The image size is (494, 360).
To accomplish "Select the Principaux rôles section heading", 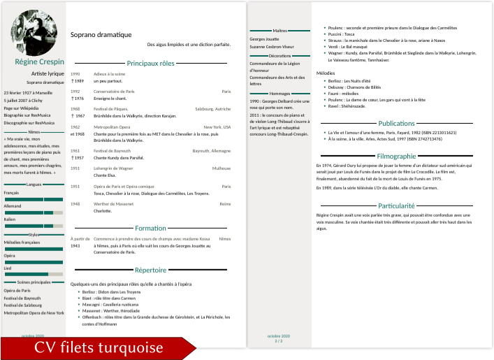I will tap(150, 63).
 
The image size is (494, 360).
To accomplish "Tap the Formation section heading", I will tap(150, 228).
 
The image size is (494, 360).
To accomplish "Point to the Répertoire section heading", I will tap(150, 269).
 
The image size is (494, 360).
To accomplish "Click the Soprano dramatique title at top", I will tap(101, 34).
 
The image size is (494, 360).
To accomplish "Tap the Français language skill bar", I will tap(34, 199).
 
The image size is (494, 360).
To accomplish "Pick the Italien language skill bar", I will tap(34, 226).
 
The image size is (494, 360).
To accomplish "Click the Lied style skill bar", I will tap(34, 274).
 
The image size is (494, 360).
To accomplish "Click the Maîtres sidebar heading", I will tap(280, 31).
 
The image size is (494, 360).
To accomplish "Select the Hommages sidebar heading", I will tap(279, 93).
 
